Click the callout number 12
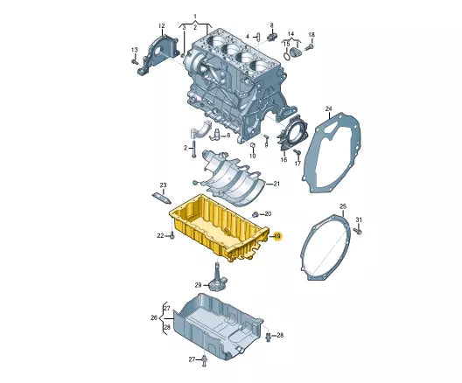click(161, 26)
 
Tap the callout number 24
click(329, 109)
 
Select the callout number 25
click(343, 206)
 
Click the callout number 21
click(276, 184)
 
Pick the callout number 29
click(198, 285)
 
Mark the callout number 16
click(283, 160)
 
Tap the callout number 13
click(134, 48)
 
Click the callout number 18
click(311, 35)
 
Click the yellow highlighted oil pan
click(219, 230)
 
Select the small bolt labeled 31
click(359, 233)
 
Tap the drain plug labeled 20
click(254, 214)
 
